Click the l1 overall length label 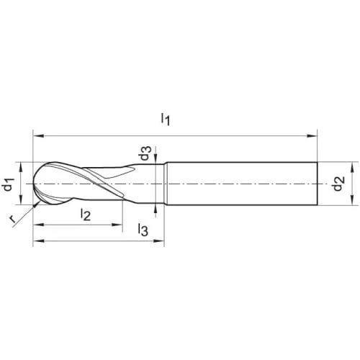click(x=166, y=120)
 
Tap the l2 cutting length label click(x=86, y=215)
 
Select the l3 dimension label click(x=143, y=230)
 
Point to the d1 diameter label click(x=9, y=184)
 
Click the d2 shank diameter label click(x=339, y=184)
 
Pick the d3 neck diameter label click(x=145, y=153)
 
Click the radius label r click(x=12, y=219)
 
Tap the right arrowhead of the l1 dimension click(x=312, y=136)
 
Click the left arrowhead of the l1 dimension click(x=38, y=136)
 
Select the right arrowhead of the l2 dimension click(x=117, y=225)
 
